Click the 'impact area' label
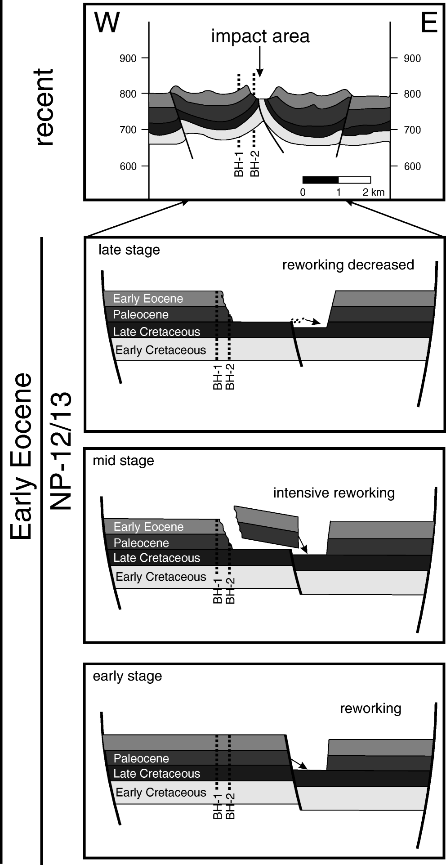click(260, 36)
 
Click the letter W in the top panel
click(107, 22)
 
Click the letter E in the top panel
click(429, 22)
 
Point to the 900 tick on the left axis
click(128, 58)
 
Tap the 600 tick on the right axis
click(412, 166)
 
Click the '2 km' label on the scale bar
click(374, 193)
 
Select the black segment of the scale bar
click(320, 180)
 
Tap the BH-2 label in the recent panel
click(254, 163)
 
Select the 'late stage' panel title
click(129, 250)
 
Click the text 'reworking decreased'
click(348, 265)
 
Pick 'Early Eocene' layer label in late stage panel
click(148, 299)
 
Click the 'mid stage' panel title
click(123, 461)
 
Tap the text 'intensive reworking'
click(334, 493)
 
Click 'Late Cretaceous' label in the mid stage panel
click(156, 558)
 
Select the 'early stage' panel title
click(127, 676)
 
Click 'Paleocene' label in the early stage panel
click(141, 758)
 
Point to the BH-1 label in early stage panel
click(218, 807)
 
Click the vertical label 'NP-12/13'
click(61, 451)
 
